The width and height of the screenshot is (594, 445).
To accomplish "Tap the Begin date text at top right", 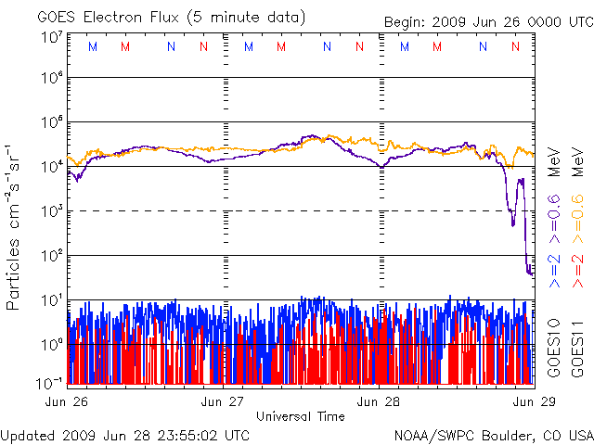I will point(480,22).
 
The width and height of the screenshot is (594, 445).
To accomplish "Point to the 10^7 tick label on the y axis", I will point(51,37).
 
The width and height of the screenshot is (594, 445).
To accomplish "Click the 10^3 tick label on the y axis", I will point(51,211).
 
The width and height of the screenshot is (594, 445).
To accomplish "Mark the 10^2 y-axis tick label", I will point(51,256).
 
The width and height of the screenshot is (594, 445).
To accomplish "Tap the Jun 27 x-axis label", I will point(224,401).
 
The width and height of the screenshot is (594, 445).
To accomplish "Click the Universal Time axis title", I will point(300,416).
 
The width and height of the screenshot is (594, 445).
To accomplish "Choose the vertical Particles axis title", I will point(15,227).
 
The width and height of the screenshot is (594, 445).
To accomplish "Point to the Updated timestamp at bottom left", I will point(125,435).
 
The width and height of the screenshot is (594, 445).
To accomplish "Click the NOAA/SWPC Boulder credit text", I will point(493,435).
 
